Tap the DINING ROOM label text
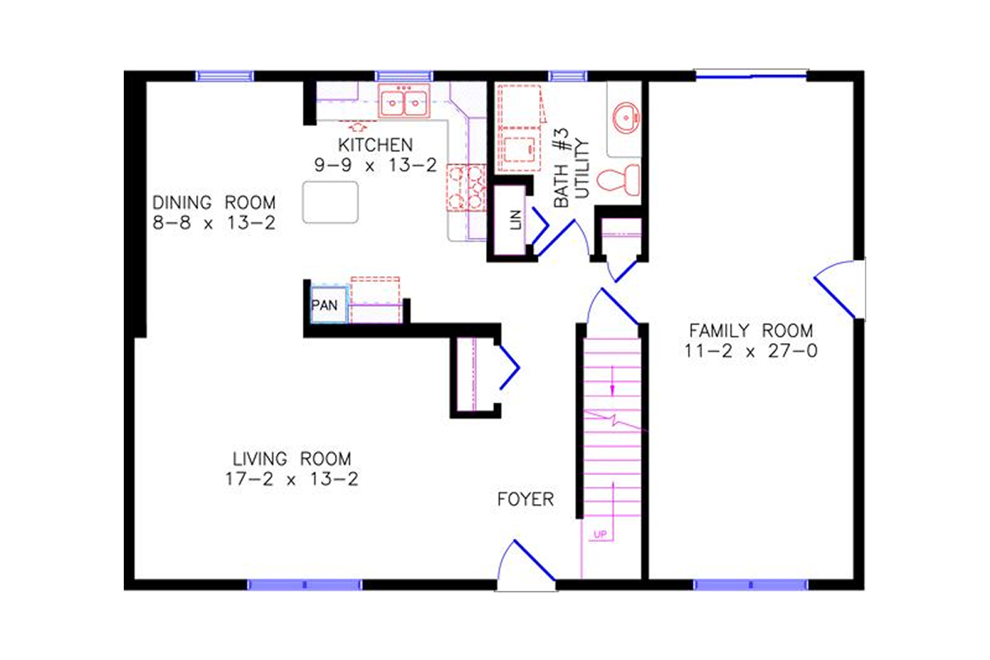click(214, 202)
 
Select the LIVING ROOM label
click(291, 459)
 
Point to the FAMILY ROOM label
click(751, 331)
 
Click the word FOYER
click(526, 500)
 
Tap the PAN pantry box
click(324, 304)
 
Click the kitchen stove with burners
click(467, 187)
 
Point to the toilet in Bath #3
click(619, 179)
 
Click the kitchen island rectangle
click(331, 202)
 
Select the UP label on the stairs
click(600, 535)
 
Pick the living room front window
click(304, 585)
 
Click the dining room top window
click(224, 76)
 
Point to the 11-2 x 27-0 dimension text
click(751, 351)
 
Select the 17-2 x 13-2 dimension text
click(291, 478)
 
